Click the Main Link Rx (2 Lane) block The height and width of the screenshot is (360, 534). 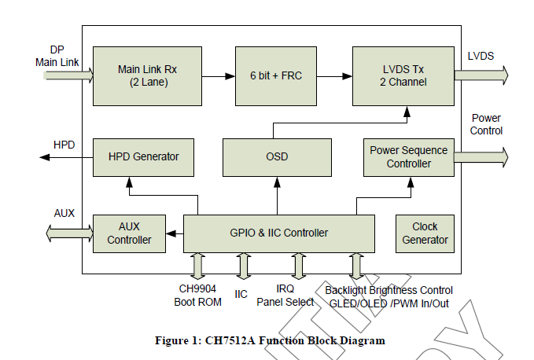tap(147, 76)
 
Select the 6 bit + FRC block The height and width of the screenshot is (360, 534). tap(276, 76)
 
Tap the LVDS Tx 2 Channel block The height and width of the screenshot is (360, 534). tap(403, 76)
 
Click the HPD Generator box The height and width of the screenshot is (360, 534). tap(143, 157)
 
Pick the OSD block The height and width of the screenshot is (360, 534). tap(277, 157)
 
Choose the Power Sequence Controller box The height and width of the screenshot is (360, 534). tap(409, 157)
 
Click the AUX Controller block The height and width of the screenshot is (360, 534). tap(130, 233)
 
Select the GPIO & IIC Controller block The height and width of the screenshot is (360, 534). tap(279, 233)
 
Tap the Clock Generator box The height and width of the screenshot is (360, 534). tap(425, 233)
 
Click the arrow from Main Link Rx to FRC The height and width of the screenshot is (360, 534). tap(219, 76)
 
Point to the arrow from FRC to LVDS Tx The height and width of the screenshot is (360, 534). tap(334, 76)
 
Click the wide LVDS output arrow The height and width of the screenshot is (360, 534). tap(481, 75)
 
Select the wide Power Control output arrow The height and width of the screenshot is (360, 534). tap(481, 157)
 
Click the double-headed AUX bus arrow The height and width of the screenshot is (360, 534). tap(69, 233)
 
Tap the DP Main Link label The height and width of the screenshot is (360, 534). tap(57, 56)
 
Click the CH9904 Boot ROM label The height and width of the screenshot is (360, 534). tap(198, 296)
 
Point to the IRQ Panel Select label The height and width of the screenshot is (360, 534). tap(285, 296)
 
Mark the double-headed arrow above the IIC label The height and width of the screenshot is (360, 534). tap(244, 266)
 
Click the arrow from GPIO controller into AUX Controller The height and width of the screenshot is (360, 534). tap(175, 233)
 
